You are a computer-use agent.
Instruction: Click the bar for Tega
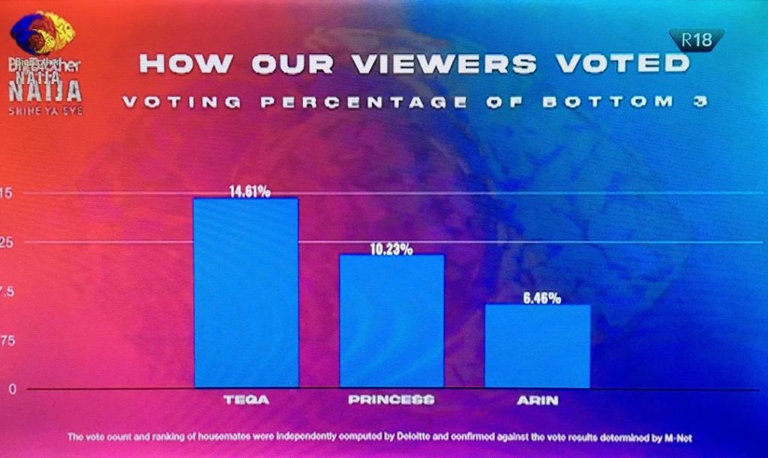[246, 292]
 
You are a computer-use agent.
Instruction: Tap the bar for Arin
[537, 346]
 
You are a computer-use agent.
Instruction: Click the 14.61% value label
[250, 192]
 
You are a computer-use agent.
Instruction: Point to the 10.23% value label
[391, 250]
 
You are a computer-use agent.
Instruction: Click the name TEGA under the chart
[246, 400]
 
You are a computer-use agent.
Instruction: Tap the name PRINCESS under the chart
[391, 400]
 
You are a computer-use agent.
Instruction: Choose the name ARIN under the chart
[538, 400]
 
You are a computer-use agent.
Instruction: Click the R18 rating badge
[697, 40]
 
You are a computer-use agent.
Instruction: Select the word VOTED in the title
[622, 64]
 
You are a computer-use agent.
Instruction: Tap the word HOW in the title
[181, 64]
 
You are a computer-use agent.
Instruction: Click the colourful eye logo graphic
[42, 33]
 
